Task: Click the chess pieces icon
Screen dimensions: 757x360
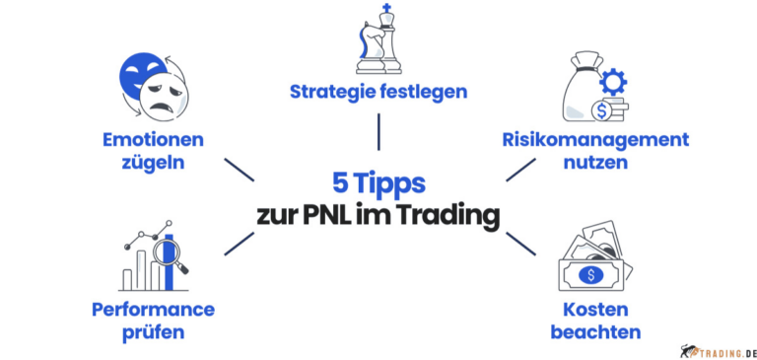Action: point(378,40)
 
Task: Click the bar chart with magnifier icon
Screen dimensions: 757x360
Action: point(156,257)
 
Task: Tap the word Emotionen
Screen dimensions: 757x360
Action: point(152,140)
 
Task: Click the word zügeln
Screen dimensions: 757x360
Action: point(152,164)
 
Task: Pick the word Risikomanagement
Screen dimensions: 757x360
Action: point(594,139)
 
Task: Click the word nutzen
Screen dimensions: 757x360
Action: point(594,163)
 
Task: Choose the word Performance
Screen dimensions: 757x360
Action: point(153,310)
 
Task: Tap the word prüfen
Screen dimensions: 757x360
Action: point(153,333)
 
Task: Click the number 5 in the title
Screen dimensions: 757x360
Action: point(339,182)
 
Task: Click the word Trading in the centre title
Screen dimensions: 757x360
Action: point(449,215)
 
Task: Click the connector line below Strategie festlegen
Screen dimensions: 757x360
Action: point(378,132)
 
